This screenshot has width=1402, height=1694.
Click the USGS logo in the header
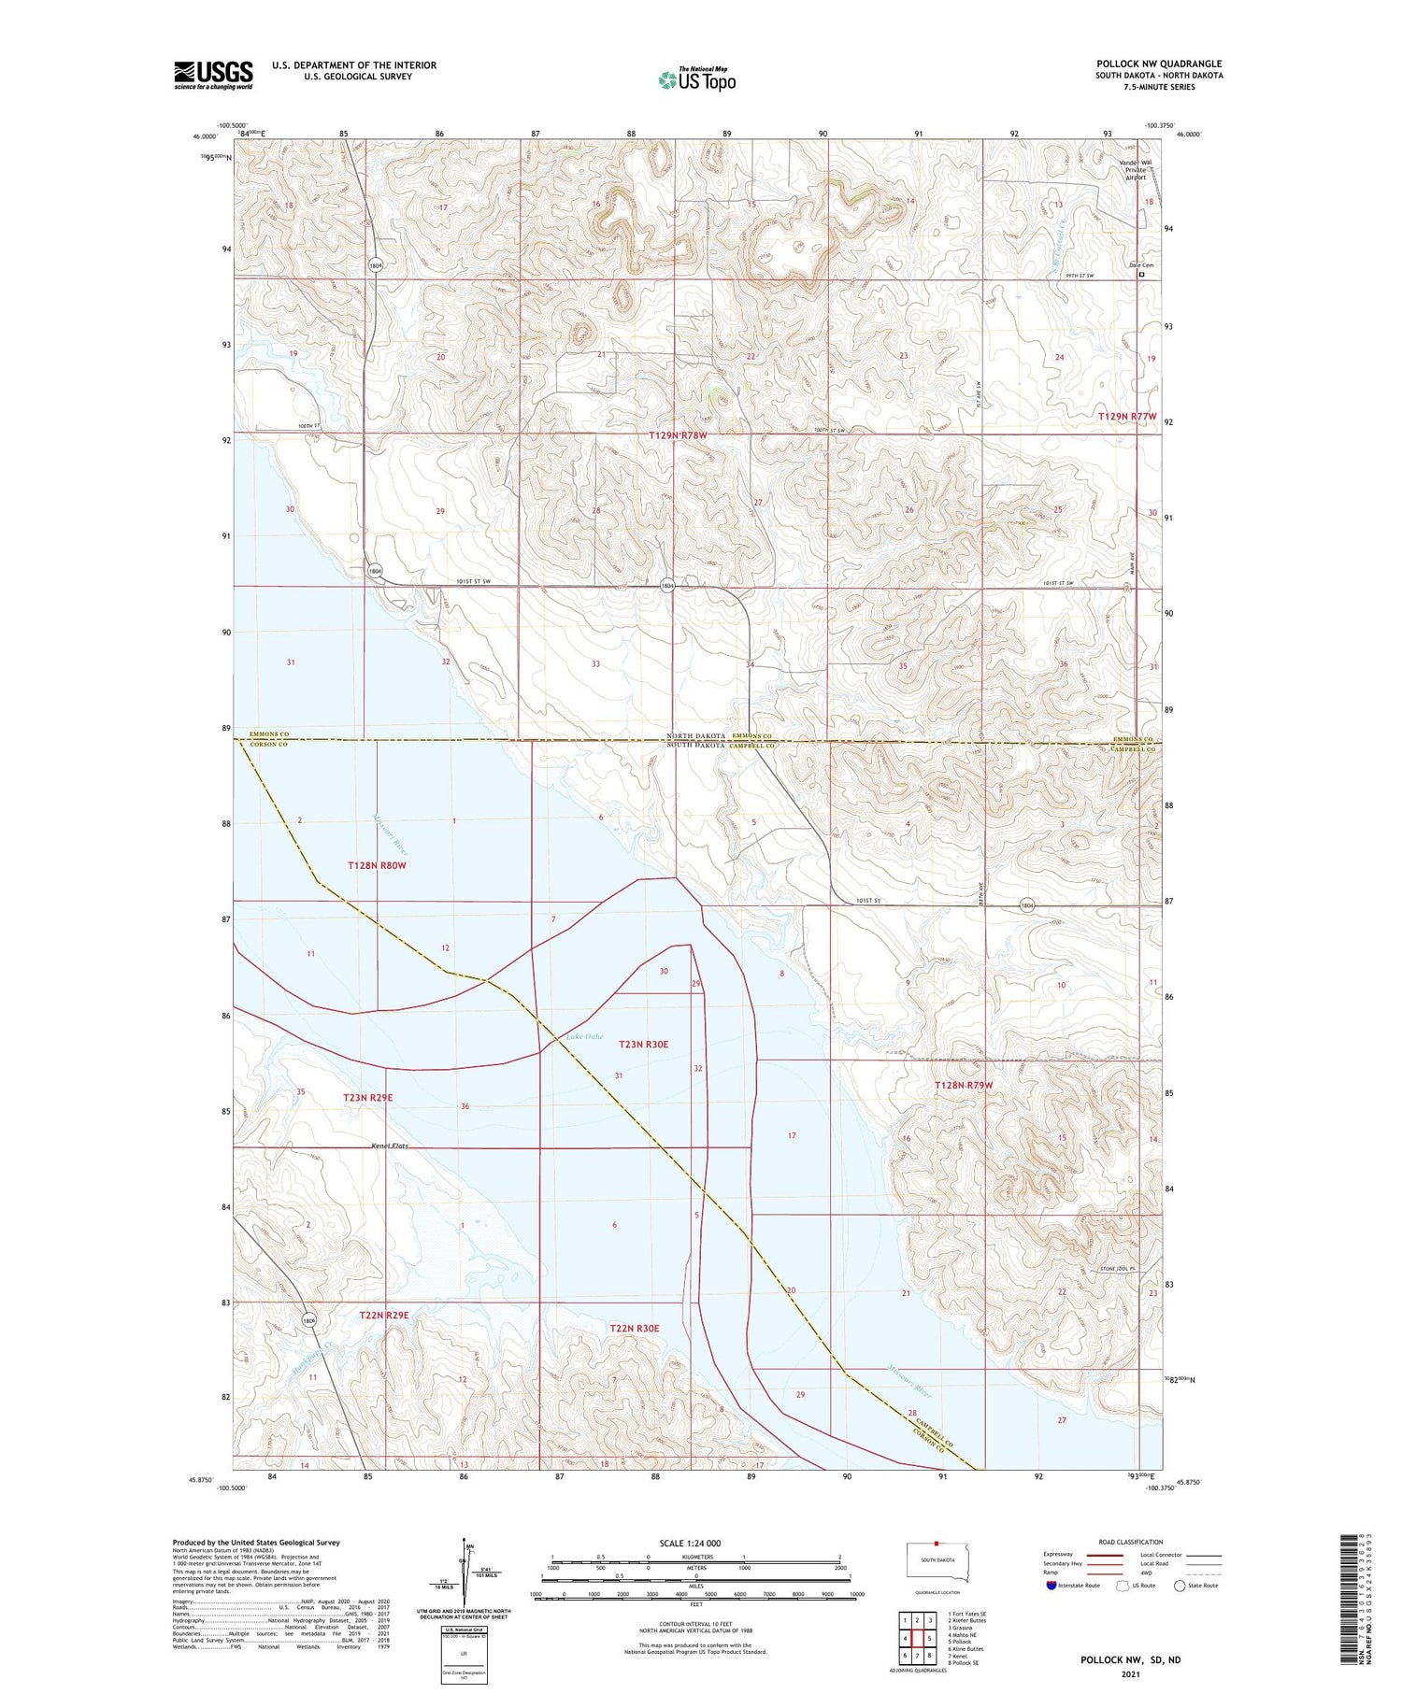(x=213, y=75)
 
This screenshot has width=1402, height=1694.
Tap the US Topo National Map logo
(x=696, y=79)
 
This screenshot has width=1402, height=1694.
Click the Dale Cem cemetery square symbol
(x=1141, y=275)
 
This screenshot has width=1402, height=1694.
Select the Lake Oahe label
(x=584, y=1036)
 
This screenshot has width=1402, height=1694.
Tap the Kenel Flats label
(x=390, y=1146)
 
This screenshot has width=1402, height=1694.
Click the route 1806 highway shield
(x=309, y=1320)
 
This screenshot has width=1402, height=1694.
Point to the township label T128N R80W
(x=377, y=865)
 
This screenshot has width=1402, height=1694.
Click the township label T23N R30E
(x=643, y=1044)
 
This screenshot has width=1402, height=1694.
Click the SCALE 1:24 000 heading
(x=690, y=1543)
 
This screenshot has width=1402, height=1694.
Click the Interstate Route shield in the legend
(x=1051, y=1586)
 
